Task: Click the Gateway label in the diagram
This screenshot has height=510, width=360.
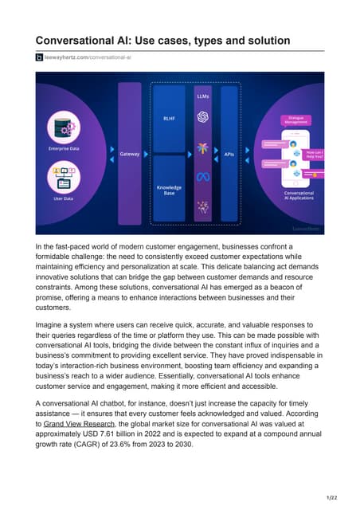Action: pos(130,152)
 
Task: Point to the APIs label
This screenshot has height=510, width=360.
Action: pos(229,152)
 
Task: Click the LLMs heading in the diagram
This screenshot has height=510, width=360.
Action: pos(202,96)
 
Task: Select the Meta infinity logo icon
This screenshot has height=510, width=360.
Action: pos(202,177)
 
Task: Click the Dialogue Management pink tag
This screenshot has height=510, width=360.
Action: pos(295,120)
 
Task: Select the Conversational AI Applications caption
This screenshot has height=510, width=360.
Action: pos(298,195)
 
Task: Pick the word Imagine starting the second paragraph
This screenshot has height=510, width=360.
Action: pos(53,325)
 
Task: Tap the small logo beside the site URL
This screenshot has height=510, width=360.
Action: pos(38,57)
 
